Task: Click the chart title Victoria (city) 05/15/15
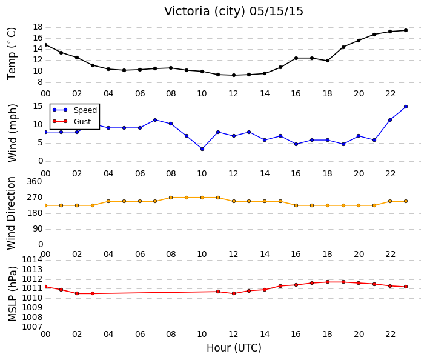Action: (233, 12)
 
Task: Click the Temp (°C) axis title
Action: (12, 54)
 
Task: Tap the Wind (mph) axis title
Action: (12, 133)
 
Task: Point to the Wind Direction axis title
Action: (11, 213)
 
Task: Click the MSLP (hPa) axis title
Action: (12, 294)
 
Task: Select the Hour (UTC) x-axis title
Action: (234, 348)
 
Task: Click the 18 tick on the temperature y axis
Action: (38, 27)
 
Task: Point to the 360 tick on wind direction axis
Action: (35, 181)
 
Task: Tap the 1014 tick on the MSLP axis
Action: (33, 260)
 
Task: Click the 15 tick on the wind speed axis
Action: (38, 107)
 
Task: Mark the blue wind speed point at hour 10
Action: (202, 149)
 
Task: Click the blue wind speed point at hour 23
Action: (406, 107)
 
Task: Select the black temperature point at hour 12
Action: (234, 75)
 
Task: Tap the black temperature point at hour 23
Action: (406, 30)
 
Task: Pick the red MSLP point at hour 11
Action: (218, 292)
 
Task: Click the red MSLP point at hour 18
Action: (328, 282)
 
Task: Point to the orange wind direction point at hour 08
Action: (171, 198)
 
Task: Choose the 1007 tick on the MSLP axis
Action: (33, 327)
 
